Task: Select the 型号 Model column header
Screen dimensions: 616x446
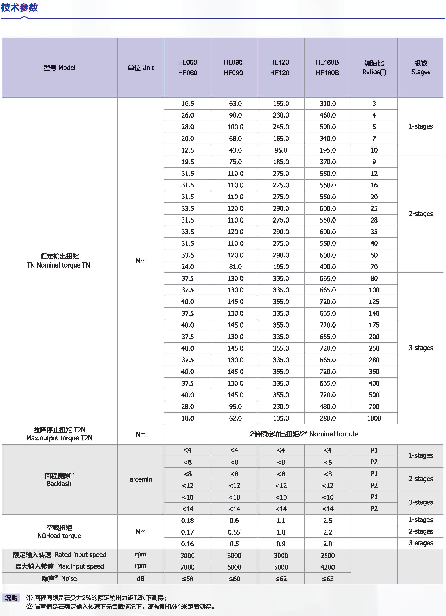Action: (59, 68)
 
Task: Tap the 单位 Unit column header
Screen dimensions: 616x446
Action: (141, 68)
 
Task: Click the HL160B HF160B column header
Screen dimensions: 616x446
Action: (327, 68)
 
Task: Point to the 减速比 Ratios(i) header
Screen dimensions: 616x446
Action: (374, 68)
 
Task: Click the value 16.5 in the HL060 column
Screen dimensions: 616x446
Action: (188, 104)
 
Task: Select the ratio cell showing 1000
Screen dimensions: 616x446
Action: (374, 418)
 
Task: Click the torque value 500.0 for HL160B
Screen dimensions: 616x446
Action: (327, 127)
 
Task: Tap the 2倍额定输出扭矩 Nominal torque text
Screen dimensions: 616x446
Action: (304, 434)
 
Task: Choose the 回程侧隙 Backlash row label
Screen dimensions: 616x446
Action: (59, 479)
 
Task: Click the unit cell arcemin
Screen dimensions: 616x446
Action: (141, 479)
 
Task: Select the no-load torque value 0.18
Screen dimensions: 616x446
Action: (188, 521)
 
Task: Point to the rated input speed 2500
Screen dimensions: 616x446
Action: (327, 555)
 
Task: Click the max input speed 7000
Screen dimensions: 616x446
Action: (188, 567)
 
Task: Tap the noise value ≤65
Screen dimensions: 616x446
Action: (327, 579)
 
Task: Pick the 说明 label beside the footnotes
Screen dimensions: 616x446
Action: (11, 597)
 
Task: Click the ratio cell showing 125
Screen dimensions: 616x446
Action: (374, 302)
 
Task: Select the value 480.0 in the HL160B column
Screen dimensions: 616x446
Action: (327, 407)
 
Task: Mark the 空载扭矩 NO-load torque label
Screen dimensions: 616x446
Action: (59, 532)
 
